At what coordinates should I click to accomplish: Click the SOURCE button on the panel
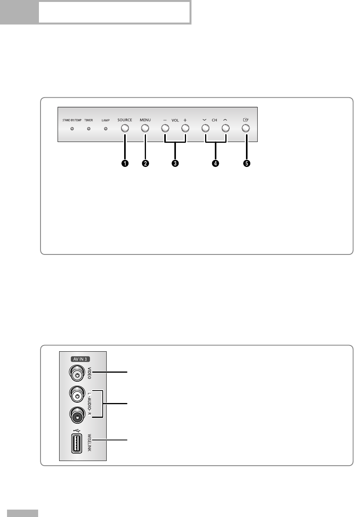tap(125, 128)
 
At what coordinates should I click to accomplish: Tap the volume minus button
tap(165, 128)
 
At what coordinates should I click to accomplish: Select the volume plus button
tap(185, 128)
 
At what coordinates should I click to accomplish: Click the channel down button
tap(205, 128)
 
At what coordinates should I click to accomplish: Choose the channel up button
tap(225, 128)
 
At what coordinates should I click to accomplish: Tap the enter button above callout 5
tap(246, 128)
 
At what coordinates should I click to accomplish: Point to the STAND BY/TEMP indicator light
tap(72, 128)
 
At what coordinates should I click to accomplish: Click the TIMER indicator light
tap(89, 128)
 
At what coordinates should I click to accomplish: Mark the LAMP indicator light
tap(105, 128)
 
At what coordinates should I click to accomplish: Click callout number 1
tap(125, 163)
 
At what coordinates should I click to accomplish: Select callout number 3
tap(175, 163)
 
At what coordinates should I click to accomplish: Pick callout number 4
tap(215, 163)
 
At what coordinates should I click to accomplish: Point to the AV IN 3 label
tap(80, 359)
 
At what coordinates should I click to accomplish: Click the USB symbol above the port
tap(77, 431)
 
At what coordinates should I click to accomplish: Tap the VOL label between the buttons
tap(175, 120)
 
